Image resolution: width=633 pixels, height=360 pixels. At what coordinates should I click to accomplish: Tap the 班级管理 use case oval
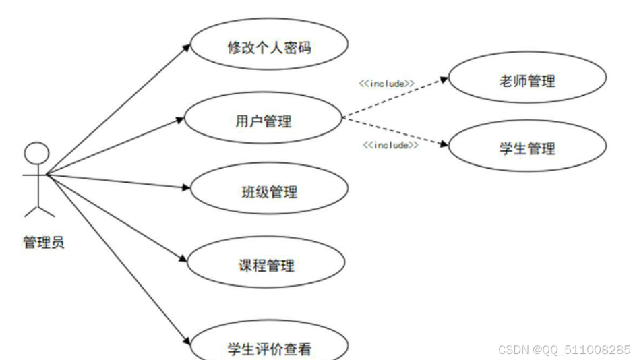coord(269,191)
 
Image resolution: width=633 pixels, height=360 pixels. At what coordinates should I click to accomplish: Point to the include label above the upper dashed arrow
coord(386,83)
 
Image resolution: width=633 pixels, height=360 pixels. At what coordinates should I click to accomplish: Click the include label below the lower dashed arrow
coord(390,145)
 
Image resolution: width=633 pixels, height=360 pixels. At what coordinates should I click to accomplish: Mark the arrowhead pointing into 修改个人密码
coord(187,48)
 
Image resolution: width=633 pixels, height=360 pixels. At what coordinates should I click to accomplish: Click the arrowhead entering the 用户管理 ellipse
coord(179,120)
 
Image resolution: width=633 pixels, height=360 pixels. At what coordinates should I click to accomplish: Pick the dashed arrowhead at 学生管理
coord(445,144)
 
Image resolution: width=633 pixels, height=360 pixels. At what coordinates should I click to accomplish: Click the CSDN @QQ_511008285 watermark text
coord(563,350)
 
